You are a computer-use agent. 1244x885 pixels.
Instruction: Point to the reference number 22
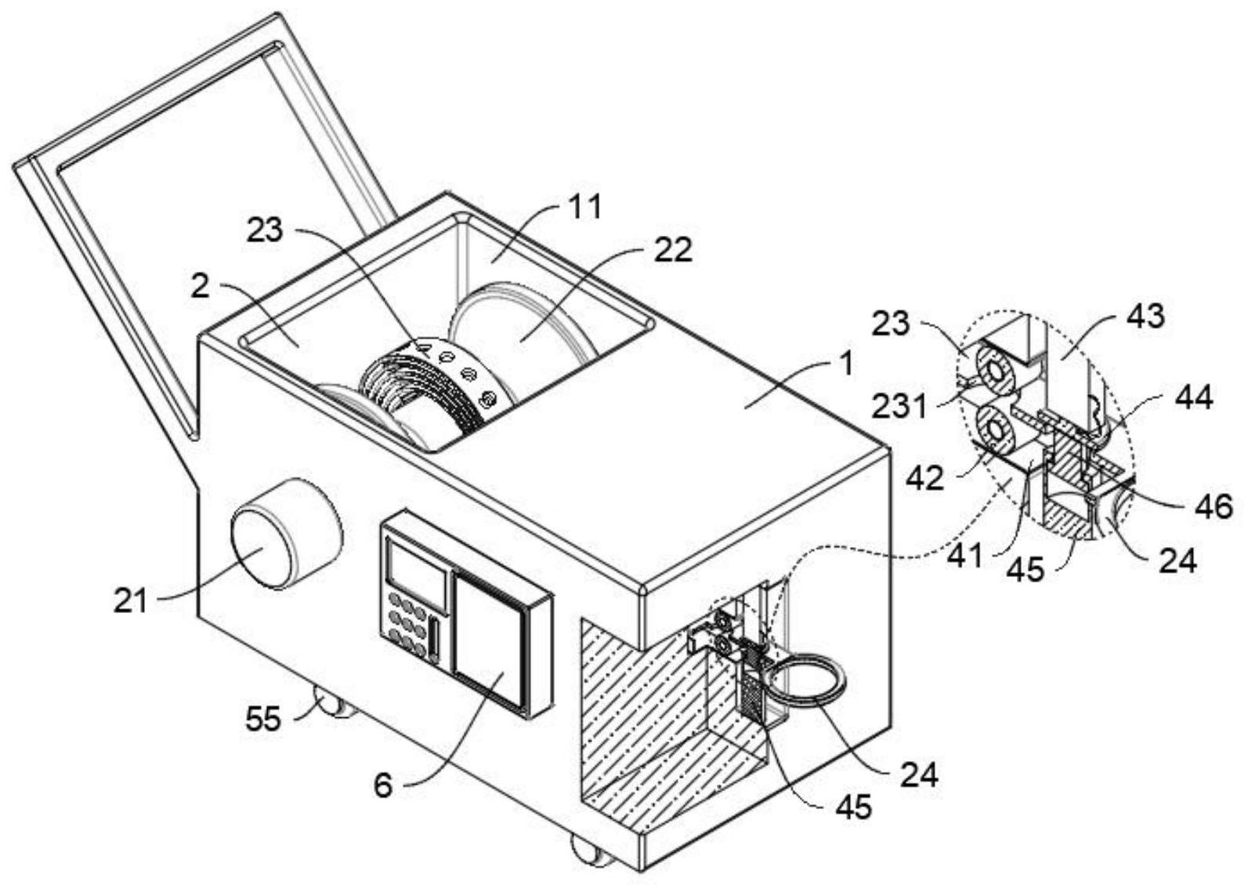tap(673, 250)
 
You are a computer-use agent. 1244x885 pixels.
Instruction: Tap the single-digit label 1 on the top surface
tap(845, 365)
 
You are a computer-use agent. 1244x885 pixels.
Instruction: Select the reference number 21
tap(132, 601)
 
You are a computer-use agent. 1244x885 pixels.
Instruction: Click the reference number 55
tap(263, 720)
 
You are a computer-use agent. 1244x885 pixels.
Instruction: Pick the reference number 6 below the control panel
tap(384, 787)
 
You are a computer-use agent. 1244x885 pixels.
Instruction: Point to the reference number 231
tap(899, 406)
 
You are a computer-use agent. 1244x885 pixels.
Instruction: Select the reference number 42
tap(924, 479)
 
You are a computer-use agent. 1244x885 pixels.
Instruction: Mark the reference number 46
tap(1213, 506)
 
